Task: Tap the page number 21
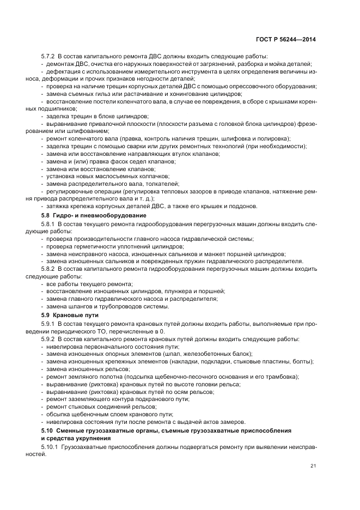[313, 465]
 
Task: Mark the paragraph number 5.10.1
[50, 446]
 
